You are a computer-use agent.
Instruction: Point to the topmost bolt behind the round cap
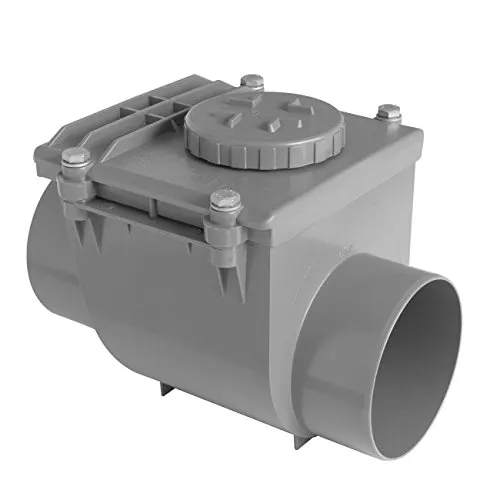pyautogui.click(x=255, y=81)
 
